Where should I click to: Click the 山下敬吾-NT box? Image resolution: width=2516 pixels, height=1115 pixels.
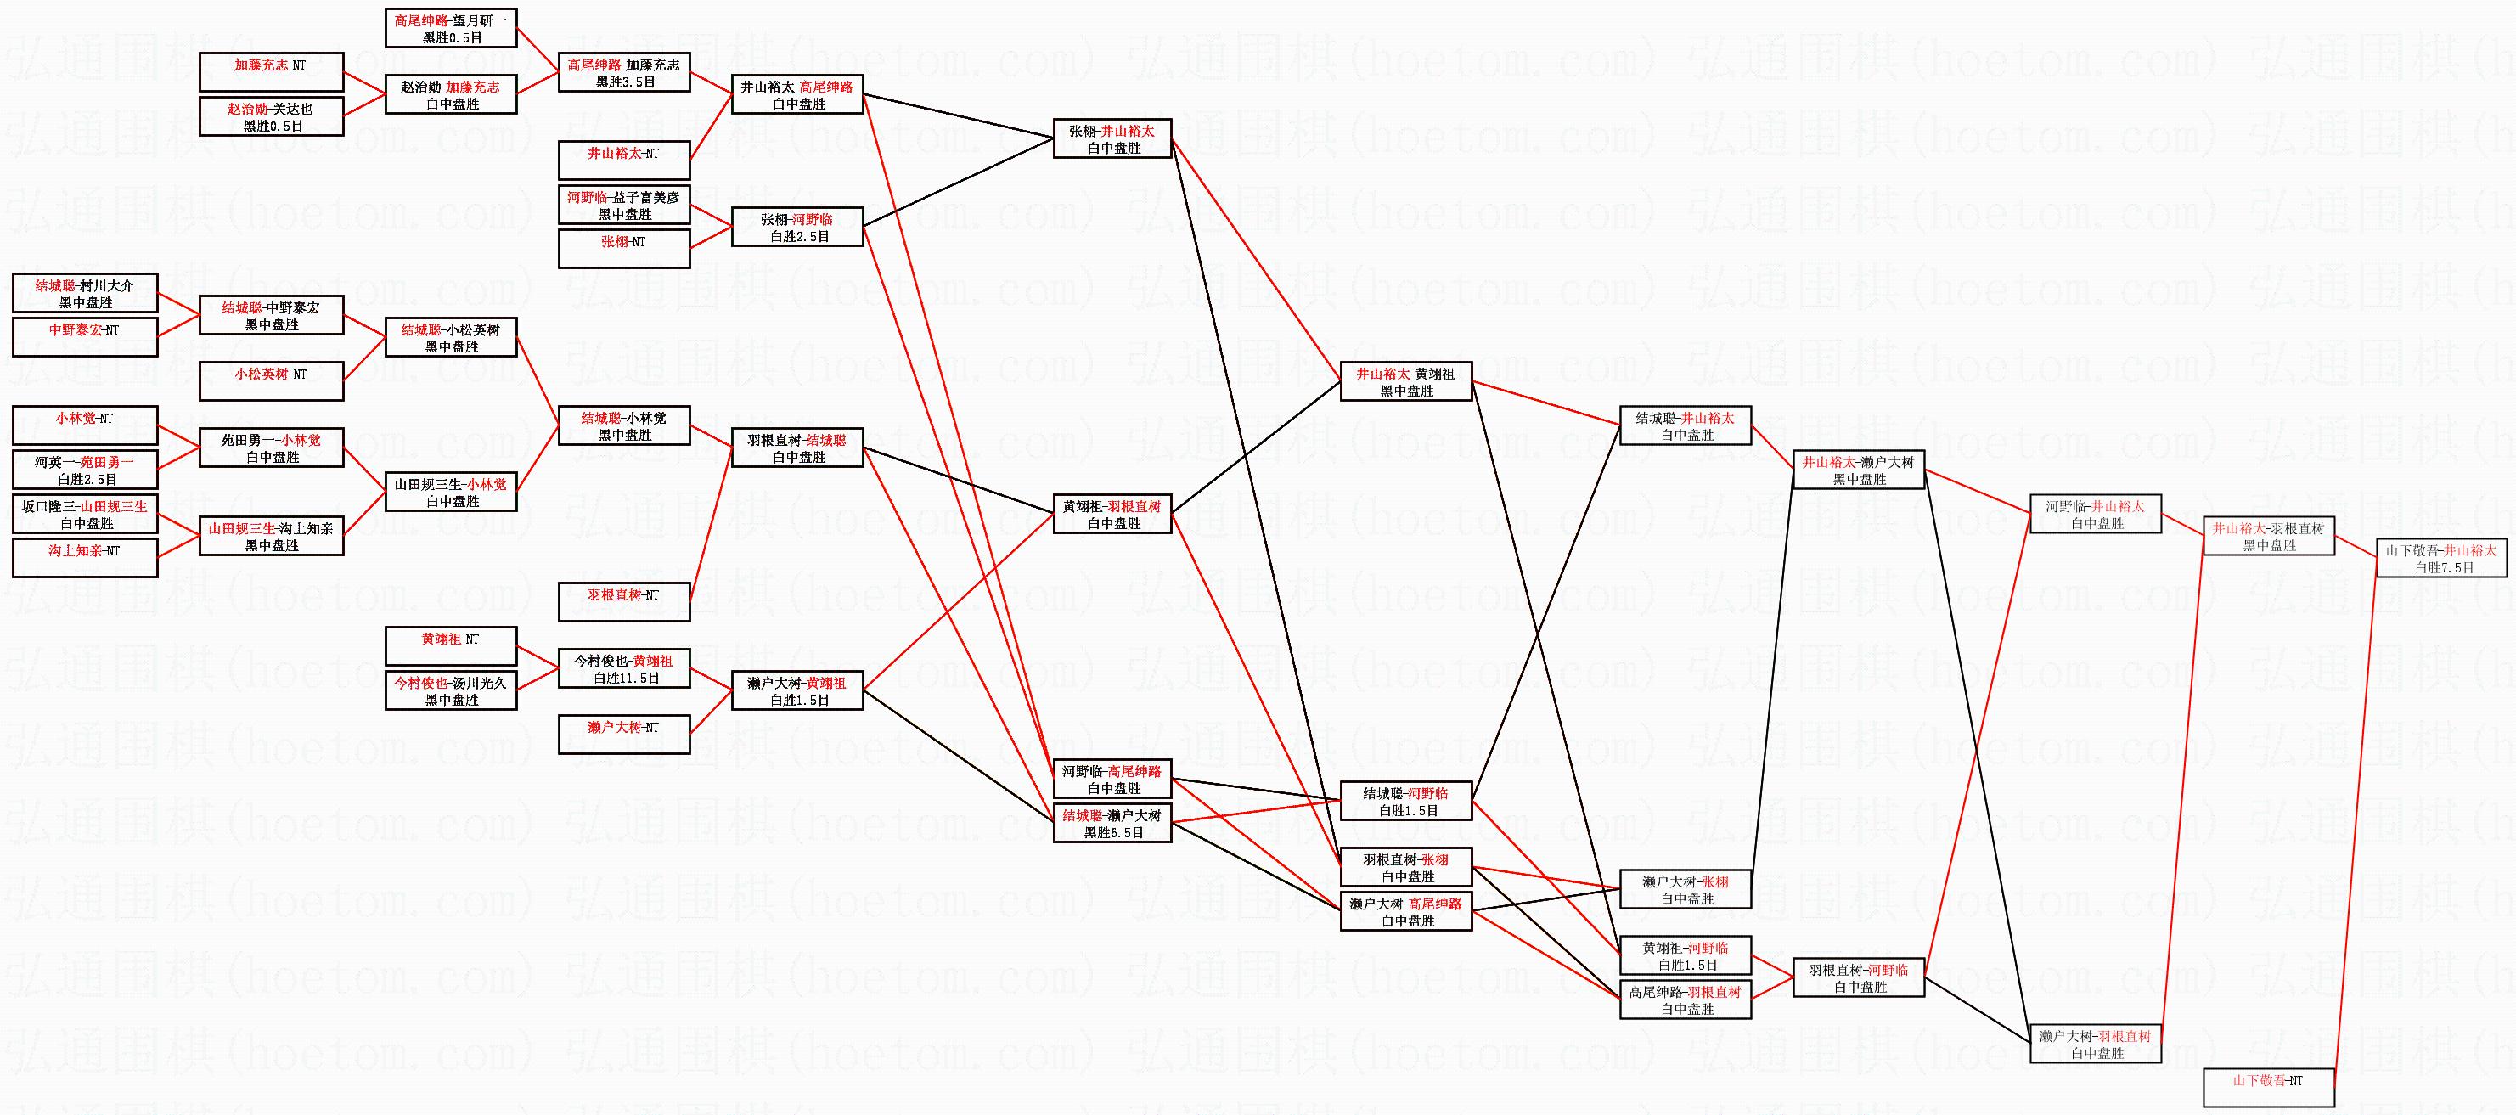2268,1088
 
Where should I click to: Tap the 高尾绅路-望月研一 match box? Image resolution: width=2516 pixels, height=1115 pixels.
451,28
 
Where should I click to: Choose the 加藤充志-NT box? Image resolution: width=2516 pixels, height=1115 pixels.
272,72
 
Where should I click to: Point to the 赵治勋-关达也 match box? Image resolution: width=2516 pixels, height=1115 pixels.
272,116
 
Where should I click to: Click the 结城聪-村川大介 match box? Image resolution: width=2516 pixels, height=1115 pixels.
85,293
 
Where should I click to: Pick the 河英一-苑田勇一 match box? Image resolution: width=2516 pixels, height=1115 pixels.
85,470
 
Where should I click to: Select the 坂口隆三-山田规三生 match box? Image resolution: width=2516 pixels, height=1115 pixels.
85,514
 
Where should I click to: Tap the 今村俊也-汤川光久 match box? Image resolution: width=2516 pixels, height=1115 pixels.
451,690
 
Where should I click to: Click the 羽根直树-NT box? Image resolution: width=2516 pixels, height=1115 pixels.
624,601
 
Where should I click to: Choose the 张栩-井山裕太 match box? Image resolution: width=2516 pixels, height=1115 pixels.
1112,138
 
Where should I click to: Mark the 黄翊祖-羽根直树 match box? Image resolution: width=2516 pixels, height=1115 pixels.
1112,514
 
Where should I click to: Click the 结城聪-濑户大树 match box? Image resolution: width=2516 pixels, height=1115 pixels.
1112,823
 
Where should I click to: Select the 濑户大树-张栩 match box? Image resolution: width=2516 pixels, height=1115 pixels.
1685,889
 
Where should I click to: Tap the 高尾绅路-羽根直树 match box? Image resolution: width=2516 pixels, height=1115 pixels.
1685,1000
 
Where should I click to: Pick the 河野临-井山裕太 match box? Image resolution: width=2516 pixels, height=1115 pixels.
2095,514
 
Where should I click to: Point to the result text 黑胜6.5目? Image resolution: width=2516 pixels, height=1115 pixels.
1113,833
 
